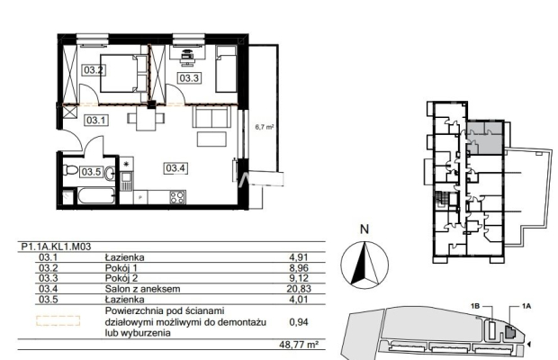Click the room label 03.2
click(x=94, y=70)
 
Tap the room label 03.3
click(x=189, y=78)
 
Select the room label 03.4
click(x=175, y=168)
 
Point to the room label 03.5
click(x=92, y=172)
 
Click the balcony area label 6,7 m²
click(x=264, y=127)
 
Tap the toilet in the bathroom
click(x=70, y=170)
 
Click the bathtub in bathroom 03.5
click(x=96, y=196)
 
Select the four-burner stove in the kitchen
click(x=177, y=197)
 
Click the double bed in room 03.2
click(x=124, y=73)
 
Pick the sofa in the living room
click(x=211, y=117)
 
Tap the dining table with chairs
click(x=146, y=117)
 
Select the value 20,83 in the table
click(x=299, y=289)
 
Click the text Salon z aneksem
click(x=143, y=289)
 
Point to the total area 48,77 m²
click(x=299, y=345)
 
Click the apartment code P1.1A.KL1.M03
click(x=56, y=247)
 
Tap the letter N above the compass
click(x=364, y=229)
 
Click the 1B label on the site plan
click(x=476, y=306)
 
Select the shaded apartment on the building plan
click(x=485, y=138)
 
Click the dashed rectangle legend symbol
click(x=58, y=320)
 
